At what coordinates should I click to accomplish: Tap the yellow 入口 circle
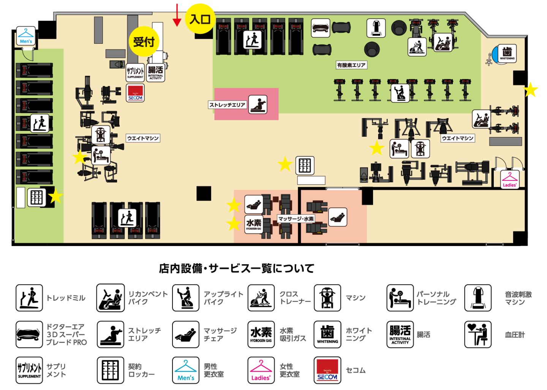click(200, 19)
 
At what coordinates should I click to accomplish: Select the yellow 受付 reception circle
click(144, 41)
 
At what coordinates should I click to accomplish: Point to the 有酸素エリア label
click(351, 65)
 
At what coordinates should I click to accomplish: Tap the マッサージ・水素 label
click(296, 219)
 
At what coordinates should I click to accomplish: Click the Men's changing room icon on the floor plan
click(26, 36)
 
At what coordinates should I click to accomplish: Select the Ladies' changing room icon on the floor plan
click(510, 179)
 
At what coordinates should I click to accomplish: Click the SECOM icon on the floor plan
click(135, 93)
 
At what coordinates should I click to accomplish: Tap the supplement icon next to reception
click(135, 72)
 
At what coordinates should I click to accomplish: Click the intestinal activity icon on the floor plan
click(155, 72)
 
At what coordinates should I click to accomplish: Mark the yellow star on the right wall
click(531, 90)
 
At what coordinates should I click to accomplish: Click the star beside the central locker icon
click(285, 164)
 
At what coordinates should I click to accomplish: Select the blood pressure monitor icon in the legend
click(477, 335)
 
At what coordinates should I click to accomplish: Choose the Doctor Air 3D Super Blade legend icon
click(29, 335)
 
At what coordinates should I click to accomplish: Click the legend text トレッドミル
click(66, 298)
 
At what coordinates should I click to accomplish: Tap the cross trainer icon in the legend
click(261, 298)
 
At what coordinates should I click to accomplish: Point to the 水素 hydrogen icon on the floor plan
click(254, 224)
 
